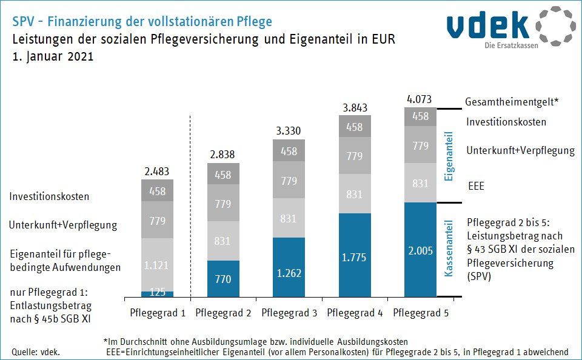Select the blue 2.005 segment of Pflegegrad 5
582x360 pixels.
point(421,249)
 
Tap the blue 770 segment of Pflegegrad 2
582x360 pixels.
point(223,279)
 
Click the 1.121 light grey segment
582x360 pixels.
point(157,265)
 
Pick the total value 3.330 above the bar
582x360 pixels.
point(289,131)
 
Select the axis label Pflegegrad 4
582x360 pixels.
point(355,313)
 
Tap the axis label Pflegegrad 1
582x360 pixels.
point(158,313)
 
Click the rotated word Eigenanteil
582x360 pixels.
point(449,156)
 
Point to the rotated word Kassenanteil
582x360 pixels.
point(449,250)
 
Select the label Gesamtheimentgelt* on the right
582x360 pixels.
point(512,103)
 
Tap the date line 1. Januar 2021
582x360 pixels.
point(53,58)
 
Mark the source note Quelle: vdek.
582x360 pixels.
point(35,352)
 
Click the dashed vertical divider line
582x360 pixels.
point(190,206)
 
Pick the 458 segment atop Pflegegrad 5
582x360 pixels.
point(421,116)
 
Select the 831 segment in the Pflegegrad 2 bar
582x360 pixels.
point(223,241)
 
